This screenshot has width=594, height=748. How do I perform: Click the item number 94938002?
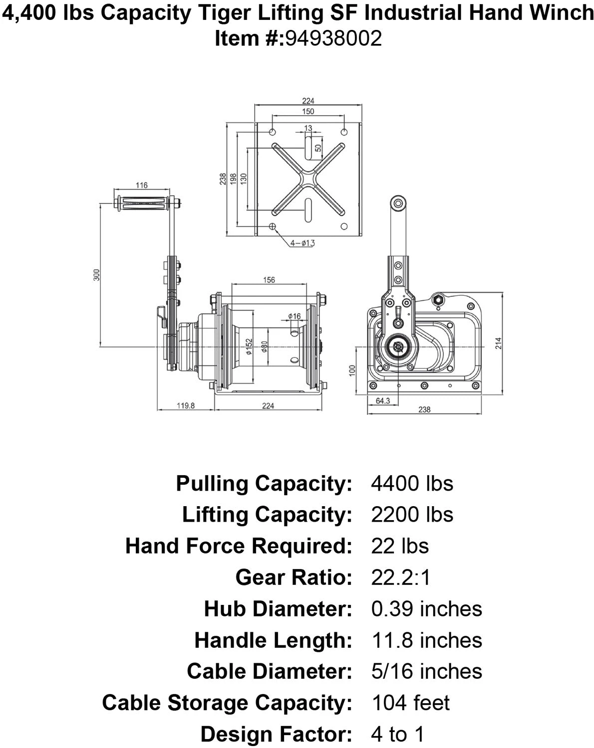[x=333, y=38]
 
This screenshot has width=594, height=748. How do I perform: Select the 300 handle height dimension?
[x=97, y=275]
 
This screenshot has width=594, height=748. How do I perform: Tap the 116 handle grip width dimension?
[x=142, y=185]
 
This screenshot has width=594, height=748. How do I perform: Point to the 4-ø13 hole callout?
[x=302, y=243]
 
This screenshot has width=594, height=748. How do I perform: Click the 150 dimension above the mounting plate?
[x=308, y=111]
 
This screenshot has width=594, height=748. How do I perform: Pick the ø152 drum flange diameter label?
[x=249, y=347]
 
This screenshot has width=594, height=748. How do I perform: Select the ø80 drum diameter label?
[x=264, y=347]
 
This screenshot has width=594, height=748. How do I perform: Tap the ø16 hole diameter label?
[x=294, y=316]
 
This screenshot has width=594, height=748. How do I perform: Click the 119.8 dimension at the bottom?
[x=186, y=405]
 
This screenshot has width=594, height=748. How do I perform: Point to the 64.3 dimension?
[x=383, y=401]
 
